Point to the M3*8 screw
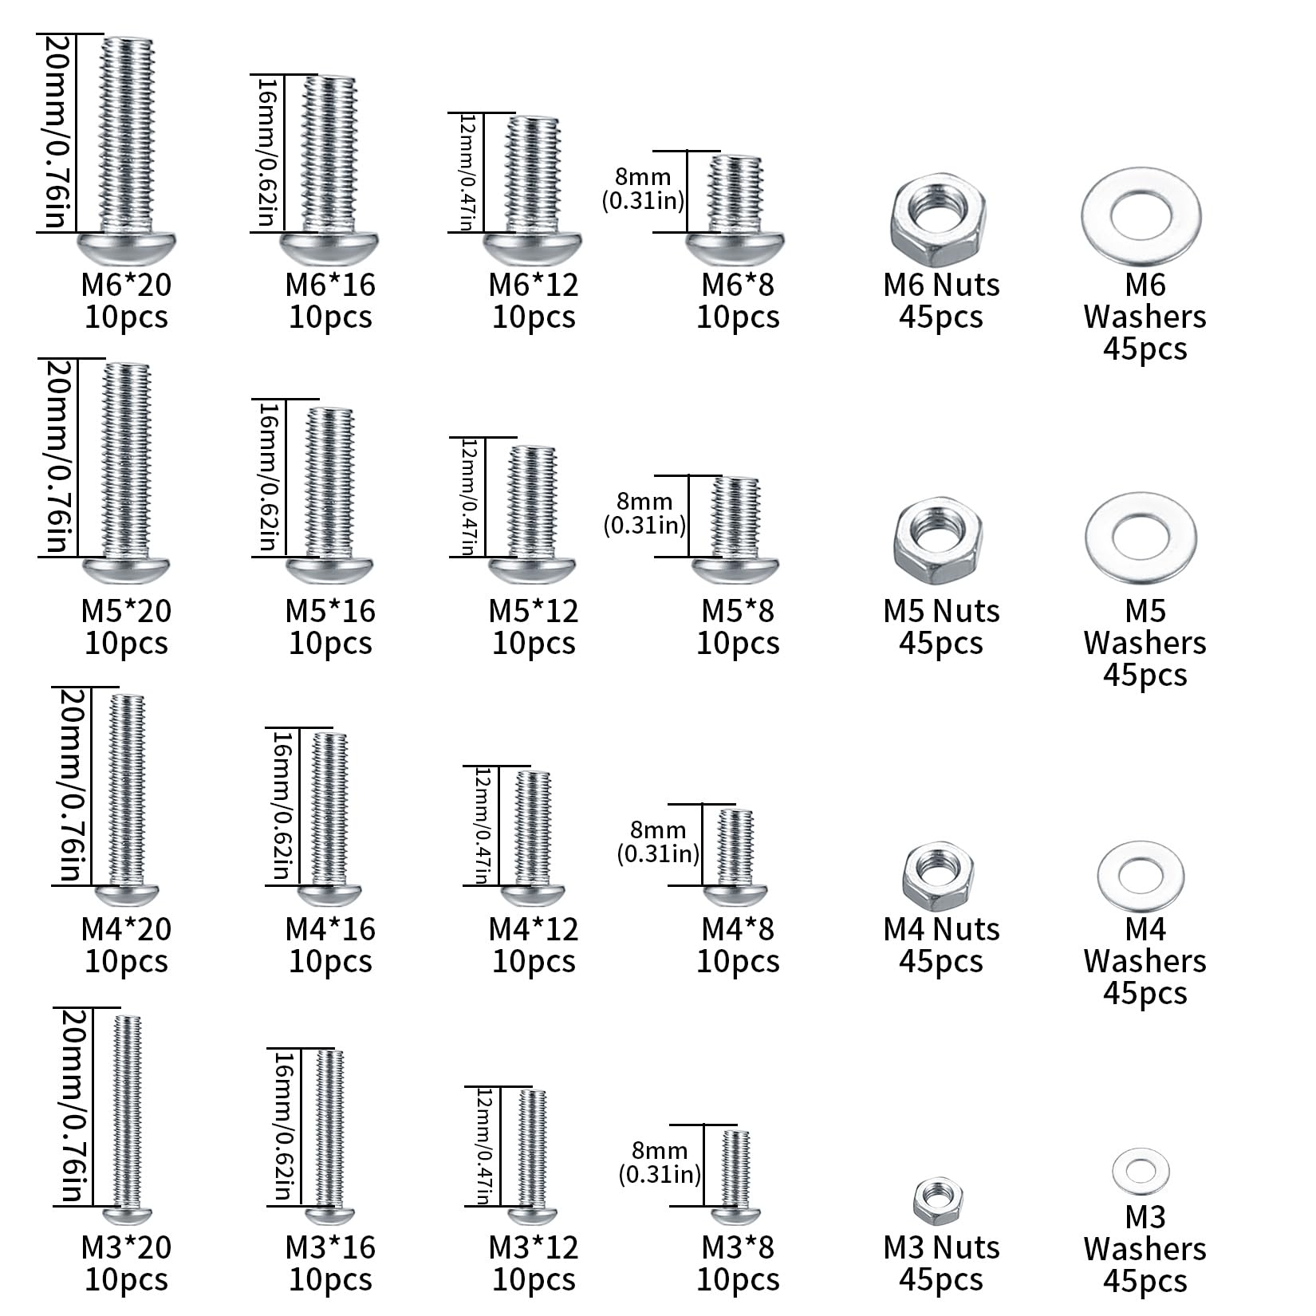[735, 1176]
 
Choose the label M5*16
[330, 611]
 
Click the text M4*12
[534, 929]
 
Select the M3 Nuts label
[941, 1247]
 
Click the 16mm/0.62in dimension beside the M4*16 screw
[281, 806]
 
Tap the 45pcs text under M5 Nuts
[941, 644]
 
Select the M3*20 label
[127, 1247]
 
